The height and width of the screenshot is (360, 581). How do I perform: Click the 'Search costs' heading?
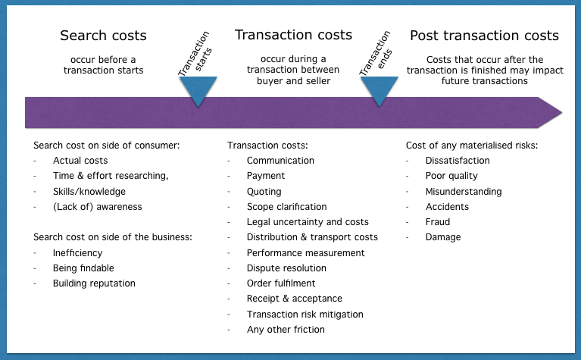pos(103,36)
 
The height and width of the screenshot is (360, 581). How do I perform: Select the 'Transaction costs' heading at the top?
pos(293,35)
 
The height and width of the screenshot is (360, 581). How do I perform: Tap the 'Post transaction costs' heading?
pos(484,36)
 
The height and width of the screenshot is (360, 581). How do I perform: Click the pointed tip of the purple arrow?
pos(562,112)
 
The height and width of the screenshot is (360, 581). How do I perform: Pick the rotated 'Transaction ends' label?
pos(376,53)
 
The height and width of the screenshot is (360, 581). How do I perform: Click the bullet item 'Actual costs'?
pos(80,161)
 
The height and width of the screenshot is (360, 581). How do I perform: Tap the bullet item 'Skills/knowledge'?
pos(89,192)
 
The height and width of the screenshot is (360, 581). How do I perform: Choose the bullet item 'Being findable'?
pos(83,268)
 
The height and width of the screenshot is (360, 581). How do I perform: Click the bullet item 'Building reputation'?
pos(94,283)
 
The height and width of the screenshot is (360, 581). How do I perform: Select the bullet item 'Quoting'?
pos(264,192)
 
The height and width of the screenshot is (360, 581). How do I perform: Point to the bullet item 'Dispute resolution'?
pos(287,268)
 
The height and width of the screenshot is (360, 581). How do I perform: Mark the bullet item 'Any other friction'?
pos(286,329)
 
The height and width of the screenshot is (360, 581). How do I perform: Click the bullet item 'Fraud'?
pos(438,222)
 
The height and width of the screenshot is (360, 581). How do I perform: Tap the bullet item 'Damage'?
pos(443,237)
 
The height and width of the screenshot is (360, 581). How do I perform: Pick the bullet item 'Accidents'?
pos(447,207)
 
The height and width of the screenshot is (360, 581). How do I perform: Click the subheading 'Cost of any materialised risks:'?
pos(472,146)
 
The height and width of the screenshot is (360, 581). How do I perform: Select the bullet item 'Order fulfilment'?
pos(281,283)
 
